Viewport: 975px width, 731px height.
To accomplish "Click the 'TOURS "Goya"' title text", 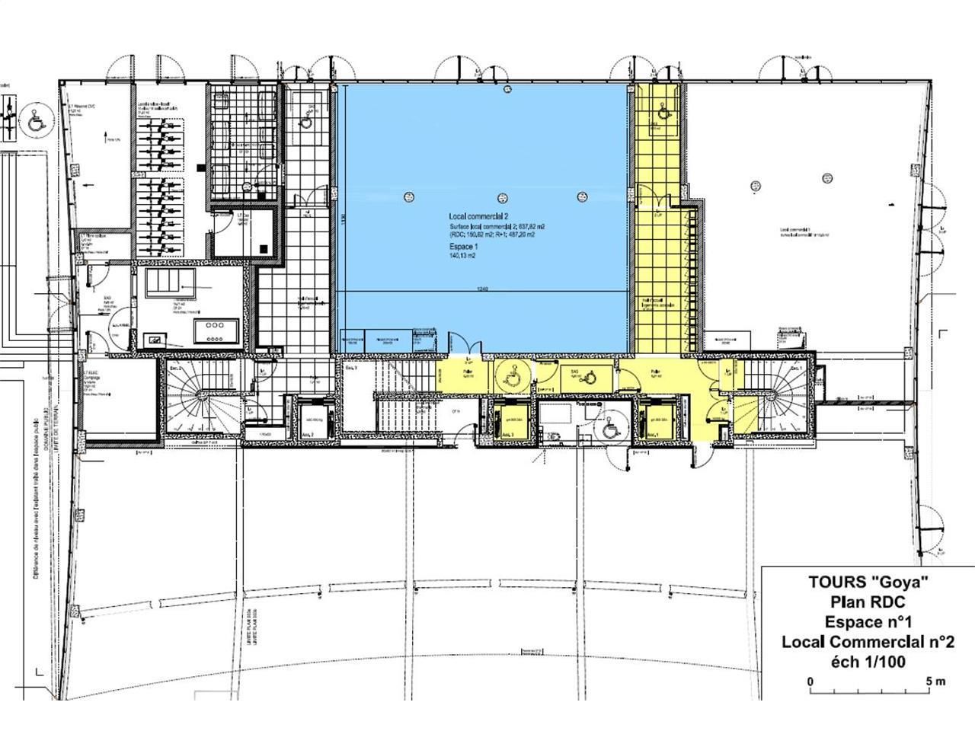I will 868,583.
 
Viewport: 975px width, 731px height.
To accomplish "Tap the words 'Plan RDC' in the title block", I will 868,602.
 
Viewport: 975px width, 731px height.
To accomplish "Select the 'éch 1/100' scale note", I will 868,662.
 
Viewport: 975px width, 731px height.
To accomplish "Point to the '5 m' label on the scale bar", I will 935,682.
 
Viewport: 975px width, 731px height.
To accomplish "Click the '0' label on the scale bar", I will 810,682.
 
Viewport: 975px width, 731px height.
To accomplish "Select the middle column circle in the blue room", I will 501,196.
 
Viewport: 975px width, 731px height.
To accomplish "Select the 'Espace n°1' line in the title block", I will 868,621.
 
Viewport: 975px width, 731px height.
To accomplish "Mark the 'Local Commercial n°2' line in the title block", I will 868,642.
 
